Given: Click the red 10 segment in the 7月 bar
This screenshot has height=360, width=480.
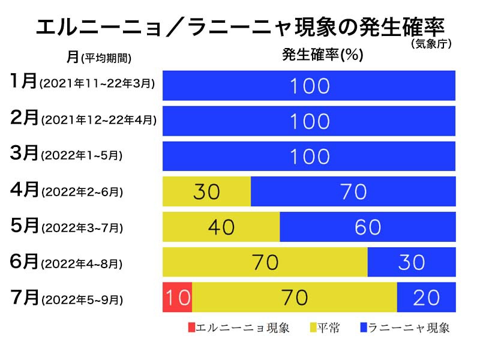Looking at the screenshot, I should point(177,297).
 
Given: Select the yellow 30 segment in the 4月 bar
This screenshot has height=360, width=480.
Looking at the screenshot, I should point(206,191).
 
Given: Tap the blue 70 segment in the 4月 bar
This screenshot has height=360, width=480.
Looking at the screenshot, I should point(353,191).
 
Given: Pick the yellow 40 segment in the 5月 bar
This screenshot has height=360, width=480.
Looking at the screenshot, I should point(221,227).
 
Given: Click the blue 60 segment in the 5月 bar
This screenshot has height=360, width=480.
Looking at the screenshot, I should point(367,227).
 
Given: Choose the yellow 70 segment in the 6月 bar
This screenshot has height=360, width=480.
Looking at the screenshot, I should point(265,262).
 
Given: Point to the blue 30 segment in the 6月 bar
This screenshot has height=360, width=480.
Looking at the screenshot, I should point(411,262).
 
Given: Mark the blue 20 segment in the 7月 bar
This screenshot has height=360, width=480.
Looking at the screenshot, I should point(425,297).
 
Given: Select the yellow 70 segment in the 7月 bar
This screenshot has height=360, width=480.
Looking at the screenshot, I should point(294,297).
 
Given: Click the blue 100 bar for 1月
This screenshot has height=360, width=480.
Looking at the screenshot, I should point(309,86).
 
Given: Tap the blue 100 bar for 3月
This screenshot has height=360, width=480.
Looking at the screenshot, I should point(309,156).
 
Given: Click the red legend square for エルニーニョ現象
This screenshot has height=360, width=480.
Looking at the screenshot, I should point(191,328).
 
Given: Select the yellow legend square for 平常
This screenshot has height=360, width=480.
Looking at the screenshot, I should point(313,328).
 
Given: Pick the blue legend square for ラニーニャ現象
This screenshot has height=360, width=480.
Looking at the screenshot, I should point(364,328).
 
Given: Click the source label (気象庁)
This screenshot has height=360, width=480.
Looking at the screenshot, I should point(431,44).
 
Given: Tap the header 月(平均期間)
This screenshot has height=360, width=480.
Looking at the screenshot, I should point(99,57).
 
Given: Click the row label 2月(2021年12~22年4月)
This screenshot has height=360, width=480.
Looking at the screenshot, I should point(83,119).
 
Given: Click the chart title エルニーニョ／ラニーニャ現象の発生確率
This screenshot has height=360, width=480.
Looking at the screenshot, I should point(240,27).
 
